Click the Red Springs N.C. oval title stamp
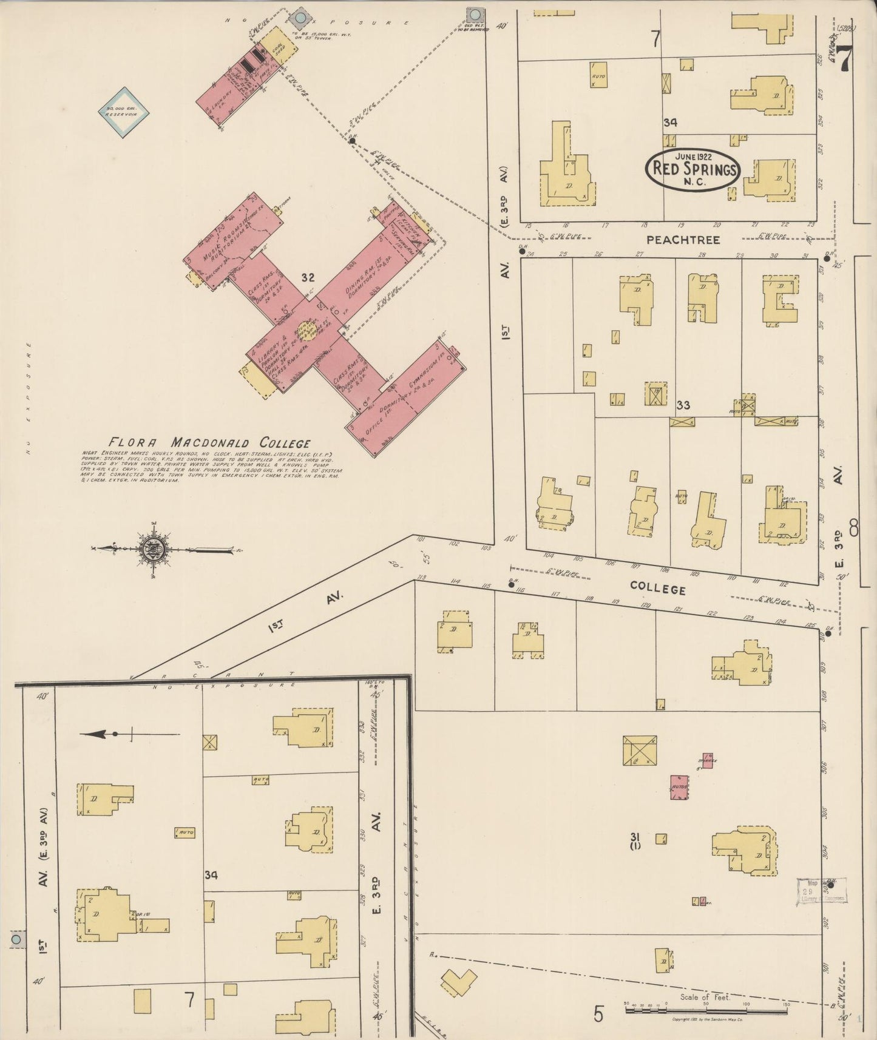tap(692, 169)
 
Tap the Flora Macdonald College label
tap(209, 442)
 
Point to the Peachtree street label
tap(683, 240)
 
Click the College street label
tap(657, 589)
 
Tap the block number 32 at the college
tap(308, 278)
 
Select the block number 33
tap(683, 405)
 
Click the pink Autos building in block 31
tap(679, 787)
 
